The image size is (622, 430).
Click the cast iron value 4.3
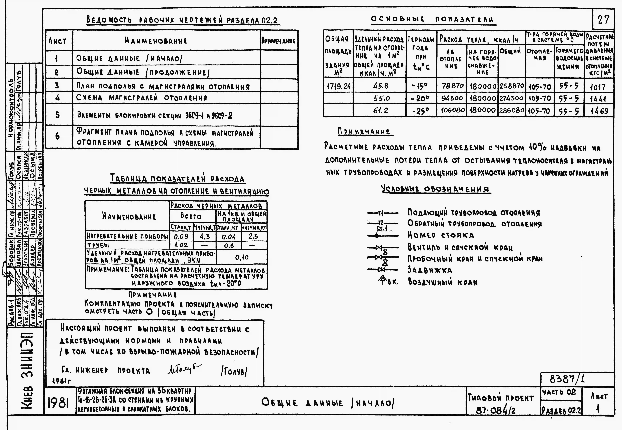click(x=205, y=237)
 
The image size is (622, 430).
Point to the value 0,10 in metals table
click(x=242, y=258)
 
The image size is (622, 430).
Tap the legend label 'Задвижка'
click(x=430, y=270)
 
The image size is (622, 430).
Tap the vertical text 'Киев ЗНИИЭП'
click(x=26, y=374)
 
